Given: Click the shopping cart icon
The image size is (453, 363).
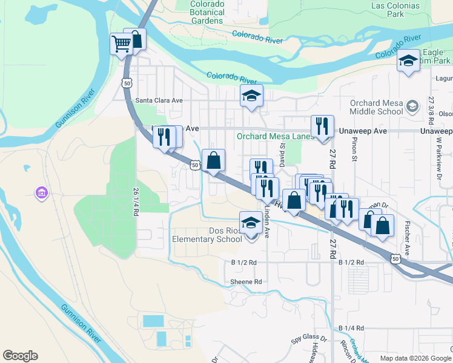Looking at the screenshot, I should point(121,44).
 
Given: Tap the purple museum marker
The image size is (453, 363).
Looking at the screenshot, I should point(42,194).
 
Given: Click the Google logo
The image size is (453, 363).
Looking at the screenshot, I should point(20,356).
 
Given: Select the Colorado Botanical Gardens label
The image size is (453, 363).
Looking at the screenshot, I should point(207,12).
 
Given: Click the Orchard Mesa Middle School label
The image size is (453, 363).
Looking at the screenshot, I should point(376,107).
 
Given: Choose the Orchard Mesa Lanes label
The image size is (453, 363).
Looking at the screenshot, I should point(274,136).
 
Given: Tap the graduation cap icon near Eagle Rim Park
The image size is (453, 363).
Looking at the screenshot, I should point(409,61).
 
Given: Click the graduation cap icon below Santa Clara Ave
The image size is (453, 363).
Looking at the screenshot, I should point(251,96).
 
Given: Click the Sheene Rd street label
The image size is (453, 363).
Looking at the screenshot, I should point(246,282).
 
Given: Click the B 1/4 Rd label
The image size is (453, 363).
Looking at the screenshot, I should point(351,328).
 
